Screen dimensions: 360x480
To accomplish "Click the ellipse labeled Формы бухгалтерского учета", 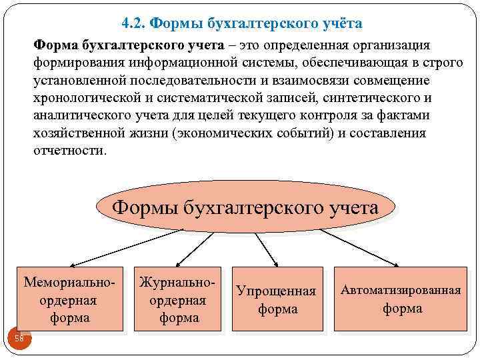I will click(245, 207).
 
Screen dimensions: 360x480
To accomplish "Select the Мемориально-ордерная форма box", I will click(69, 299).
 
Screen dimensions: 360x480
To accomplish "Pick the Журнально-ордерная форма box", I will click(177, 299).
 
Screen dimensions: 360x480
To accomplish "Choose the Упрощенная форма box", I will click(277, 300).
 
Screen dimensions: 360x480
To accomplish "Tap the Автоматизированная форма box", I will click(401, 299).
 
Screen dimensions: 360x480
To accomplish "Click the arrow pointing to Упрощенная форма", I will click(266, 249).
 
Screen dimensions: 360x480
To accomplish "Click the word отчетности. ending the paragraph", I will click(69, 150).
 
